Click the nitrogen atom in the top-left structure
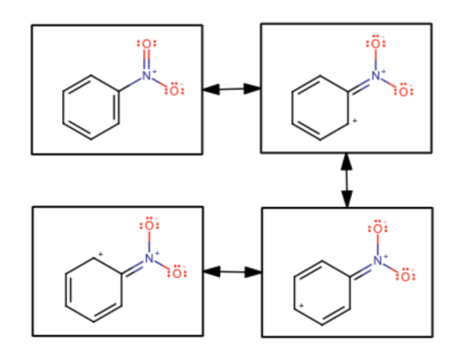tap(147, 75)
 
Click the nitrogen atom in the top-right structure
tap(376, 75)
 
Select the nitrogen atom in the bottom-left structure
tap(149, 258)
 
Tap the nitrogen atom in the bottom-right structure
tap(378, 260)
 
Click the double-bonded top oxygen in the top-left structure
tap(147, 44)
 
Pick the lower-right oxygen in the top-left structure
tap(174, 90)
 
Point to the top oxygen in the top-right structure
tap(376, 44)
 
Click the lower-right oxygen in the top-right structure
tap(404, 91)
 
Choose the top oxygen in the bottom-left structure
tap(149, 225)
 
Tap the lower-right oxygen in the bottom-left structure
tap(177, 273)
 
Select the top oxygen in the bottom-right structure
tap(378, 229)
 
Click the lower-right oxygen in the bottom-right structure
tap(405, 276)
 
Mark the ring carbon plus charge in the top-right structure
tap(355, 121)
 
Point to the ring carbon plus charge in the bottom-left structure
tap(100, 255)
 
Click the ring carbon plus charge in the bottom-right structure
tap(301, 306)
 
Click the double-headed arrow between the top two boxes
tap(231, 89)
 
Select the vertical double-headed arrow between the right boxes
tap(347, 180)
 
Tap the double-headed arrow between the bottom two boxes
tap(233, 272)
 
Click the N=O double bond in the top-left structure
tap(147, 59)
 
